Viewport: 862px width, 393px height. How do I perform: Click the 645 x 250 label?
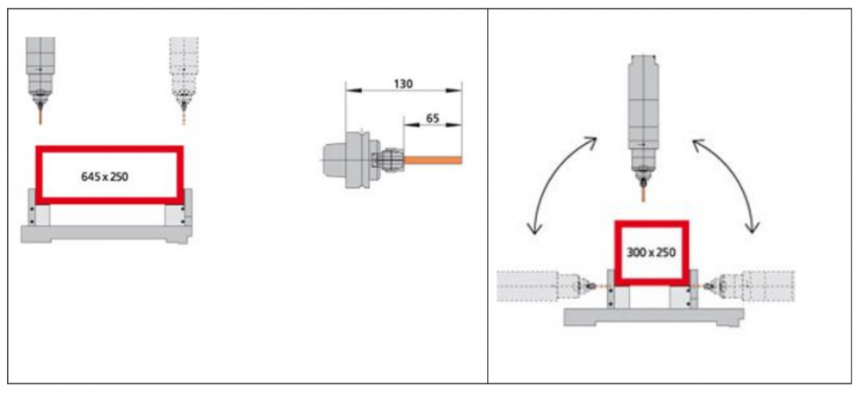[x=104, y=177]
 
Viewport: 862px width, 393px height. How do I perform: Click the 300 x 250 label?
[x=651, y=253]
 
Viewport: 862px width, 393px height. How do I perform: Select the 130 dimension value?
[x=403, y=84]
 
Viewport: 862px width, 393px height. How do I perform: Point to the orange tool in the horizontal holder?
[x=433, y=160]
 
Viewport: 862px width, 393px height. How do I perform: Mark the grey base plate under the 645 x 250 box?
[x=107, y=234]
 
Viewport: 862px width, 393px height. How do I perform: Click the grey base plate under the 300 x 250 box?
[x=653, y=316]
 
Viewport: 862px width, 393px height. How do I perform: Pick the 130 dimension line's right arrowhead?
[x=454, y=90]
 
